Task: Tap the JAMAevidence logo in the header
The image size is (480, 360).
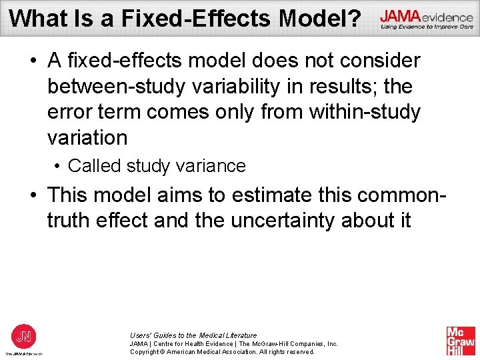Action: coord(427,20)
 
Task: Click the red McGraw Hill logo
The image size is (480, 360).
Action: coord(461,341)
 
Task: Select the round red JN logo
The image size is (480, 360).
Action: coord(23,335)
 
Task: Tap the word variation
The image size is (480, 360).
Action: coord(87,138)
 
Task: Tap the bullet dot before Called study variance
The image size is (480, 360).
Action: coord(59,166)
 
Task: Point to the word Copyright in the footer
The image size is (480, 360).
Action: coord(147,352)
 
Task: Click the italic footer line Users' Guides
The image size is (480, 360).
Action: coord(193,335)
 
